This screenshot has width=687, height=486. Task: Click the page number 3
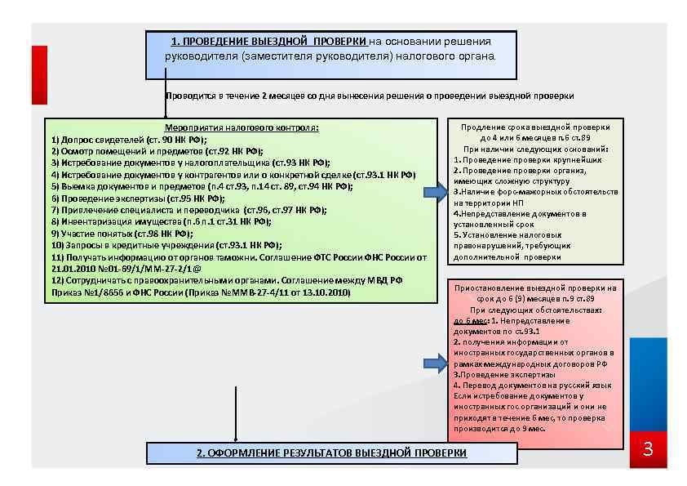(648, 450)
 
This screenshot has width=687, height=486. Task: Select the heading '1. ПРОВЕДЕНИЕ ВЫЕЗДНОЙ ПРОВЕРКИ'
(270, 42)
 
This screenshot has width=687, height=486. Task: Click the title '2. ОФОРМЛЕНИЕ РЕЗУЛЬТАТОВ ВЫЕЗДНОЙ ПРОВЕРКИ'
(332, 453)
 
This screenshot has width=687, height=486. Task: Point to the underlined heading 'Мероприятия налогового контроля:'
(242, 128)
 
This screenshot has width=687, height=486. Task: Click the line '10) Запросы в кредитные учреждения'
(166, 244)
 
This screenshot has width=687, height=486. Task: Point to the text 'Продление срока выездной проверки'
(535, 128)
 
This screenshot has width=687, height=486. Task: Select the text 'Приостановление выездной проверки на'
(535, 288)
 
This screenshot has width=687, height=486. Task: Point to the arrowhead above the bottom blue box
(236, 439)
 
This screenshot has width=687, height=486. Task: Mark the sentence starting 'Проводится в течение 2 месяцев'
(369, 96)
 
